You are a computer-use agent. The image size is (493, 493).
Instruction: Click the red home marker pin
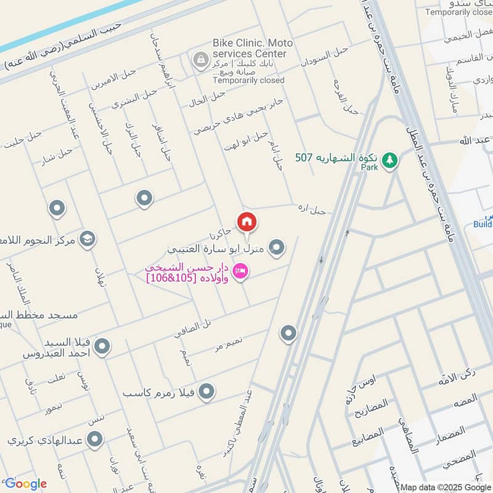tap(246, 221)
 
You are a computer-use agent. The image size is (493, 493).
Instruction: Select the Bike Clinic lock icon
tap(200, 60)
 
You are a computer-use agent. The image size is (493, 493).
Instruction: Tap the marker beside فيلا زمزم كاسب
tap(207, 391)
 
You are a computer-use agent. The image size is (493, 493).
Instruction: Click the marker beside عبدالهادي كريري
tap(94, 439)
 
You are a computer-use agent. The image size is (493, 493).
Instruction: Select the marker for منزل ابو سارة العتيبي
tap(277, 247)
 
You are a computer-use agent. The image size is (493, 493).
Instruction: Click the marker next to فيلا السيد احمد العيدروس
tap(103, 347)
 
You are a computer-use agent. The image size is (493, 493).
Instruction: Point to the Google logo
tap(25, 484)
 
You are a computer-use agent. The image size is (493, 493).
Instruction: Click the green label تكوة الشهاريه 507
tap(336, 158)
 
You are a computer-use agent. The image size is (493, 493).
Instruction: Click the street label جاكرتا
tap(219, 234)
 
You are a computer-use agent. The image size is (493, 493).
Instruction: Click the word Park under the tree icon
tap(369, 167)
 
